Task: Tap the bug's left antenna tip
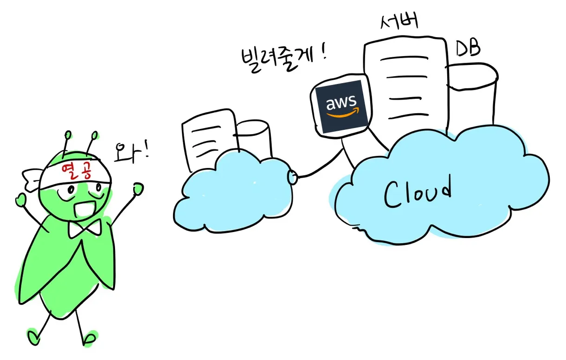pos(68,135)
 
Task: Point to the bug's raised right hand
pos(138,188)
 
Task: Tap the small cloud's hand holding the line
pos(293,177)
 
